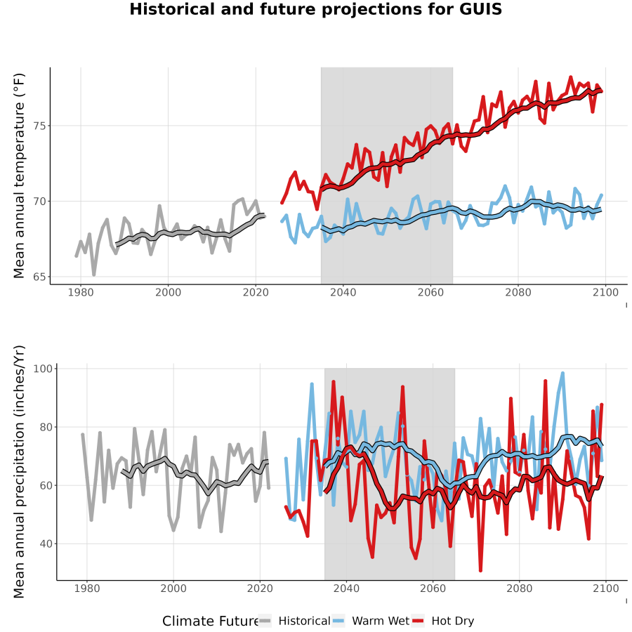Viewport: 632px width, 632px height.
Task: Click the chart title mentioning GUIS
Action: pyautogui.click(x=315, y=9)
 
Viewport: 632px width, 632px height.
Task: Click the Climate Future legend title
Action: pyautogui.click(x=210, y=621)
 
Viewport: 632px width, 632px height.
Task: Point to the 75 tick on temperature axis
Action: pyautogui.click(x=40, y=126)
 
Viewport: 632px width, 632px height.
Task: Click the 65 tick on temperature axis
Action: pyautogui.click(x=40, y=277)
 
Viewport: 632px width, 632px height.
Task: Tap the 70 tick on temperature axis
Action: pyautogui.click(x=40, y=201)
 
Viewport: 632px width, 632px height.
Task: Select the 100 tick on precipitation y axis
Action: pyautogui.click(x=43, y=369)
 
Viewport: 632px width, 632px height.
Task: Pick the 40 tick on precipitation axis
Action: pyautogui.click(x=46, y=544)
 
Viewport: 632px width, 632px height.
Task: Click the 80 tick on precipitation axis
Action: pyautogui.click(x=46, y=427)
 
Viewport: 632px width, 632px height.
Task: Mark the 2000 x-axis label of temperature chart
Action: pyautogui.click(x=168, y=292)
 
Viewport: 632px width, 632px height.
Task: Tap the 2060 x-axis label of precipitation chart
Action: pyautogui.click(x=433, y=588)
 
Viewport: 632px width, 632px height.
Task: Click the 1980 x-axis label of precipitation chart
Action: pyautogui.click(x=87, y=588)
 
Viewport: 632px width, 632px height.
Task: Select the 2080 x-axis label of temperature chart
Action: pyautogui.click(x=518, y=292)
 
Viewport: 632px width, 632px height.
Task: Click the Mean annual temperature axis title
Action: pyautogui.click(x=19, y=176)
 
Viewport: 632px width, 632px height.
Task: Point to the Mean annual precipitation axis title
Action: pyautogui.click(x=19, y=472)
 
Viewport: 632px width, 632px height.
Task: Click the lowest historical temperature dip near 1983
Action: pyautogui.click(x=94, y=275)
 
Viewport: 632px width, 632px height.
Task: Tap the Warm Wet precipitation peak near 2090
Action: pyautogui.click(x=562, y=374)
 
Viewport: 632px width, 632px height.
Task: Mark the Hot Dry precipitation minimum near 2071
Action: pyautogui.click(x=480, y=570)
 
